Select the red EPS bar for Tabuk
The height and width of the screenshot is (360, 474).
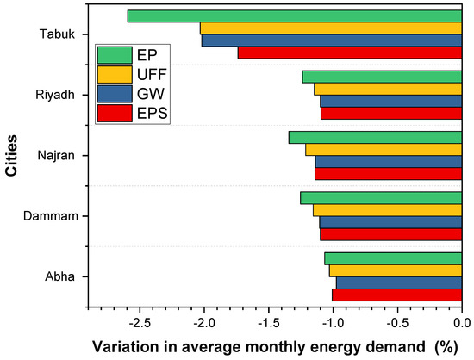350,53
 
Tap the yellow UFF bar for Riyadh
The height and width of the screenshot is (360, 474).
388,89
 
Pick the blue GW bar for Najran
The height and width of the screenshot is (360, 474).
389,161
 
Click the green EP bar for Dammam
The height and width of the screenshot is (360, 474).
381,198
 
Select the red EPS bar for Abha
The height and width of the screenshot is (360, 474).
397,295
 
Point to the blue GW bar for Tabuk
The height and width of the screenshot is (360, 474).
332,40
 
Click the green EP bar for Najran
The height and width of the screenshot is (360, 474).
375,137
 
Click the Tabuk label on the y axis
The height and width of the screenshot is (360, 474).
56,34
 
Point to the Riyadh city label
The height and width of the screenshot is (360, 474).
54,95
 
